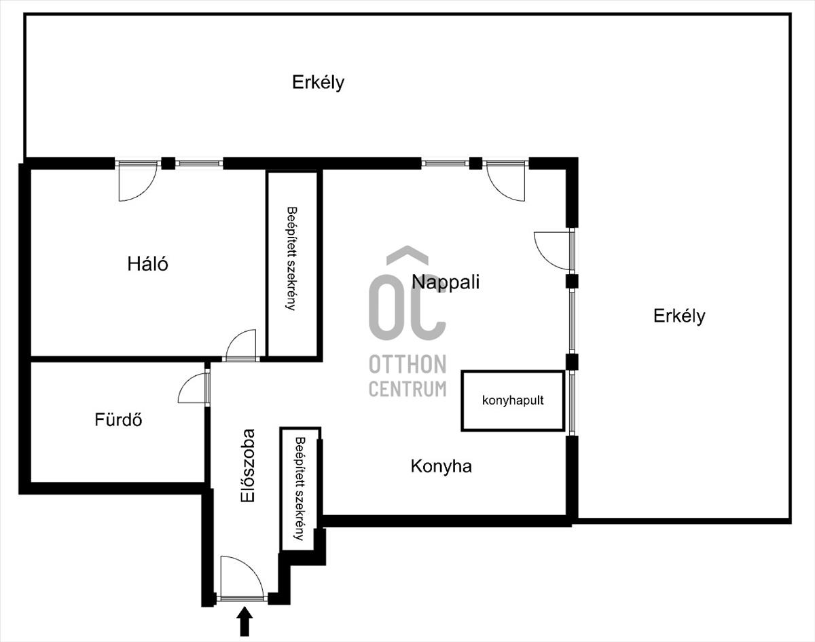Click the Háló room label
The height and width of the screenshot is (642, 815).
pos(147,263)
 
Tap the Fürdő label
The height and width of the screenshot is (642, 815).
pos(118,420)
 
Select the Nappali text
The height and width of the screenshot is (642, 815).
pos(446,282)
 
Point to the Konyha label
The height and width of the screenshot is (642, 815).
pos(441,466)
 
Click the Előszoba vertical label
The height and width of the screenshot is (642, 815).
pos(248,466)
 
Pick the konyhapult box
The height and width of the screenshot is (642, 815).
pos(513,400)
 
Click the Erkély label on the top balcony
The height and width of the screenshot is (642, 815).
pos(318,83)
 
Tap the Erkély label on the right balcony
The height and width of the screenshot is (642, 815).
pos(679,316)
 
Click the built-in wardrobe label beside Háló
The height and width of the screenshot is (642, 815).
pos(291,259)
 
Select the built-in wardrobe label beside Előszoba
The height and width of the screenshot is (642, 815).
pos(300,489)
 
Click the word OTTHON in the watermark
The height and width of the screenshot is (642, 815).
pos(407,364)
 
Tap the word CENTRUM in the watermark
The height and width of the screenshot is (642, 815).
pos(407,389)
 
